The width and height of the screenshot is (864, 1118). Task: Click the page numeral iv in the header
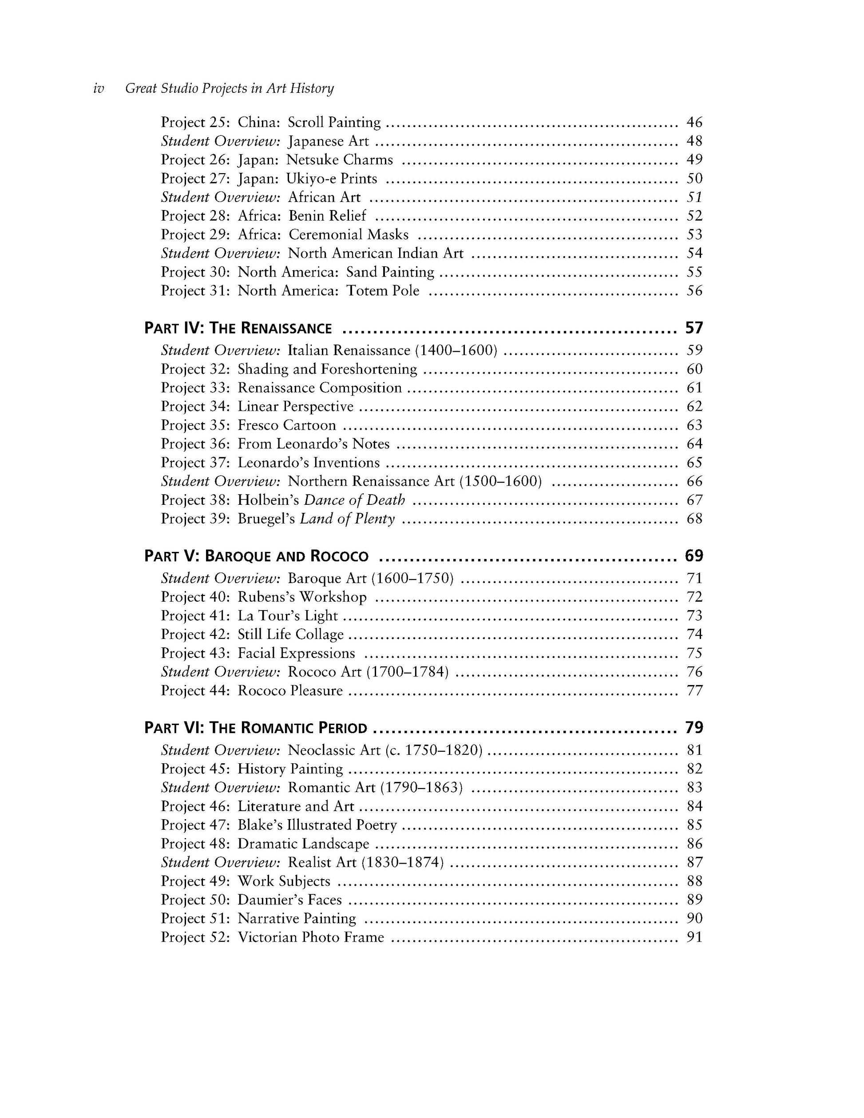click(98, 88)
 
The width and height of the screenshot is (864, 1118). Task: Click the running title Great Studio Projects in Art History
click(229, 88)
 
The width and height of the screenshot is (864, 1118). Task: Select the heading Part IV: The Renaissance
click(238, 328)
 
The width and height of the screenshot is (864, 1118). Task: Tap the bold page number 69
click(694, 555)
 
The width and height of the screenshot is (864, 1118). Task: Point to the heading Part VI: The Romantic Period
click(256, 727)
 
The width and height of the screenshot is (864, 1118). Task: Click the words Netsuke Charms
click(339, 160)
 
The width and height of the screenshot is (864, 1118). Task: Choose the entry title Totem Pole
click(383, 291)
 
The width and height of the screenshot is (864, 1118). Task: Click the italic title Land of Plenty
click(347, 519)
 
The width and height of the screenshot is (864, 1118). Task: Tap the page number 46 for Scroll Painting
click(694, 123)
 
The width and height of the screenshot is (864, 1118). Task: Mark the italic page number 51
click(694, 197)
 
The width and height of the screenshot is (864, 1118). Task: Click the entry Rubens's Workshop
click(302, 597)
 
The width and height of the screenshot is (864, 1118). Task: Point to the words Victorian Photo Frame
click(311, 937)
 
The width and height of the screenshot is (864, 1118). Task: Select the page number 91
click(694, 937)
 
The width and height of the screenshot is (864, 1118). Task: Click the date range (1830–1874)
click(402, 863)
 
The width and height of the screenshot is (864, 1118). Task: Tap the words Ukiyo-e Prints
click(332, 178)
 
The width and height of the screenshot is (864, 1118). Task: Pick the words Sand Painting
click(390, 272)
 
